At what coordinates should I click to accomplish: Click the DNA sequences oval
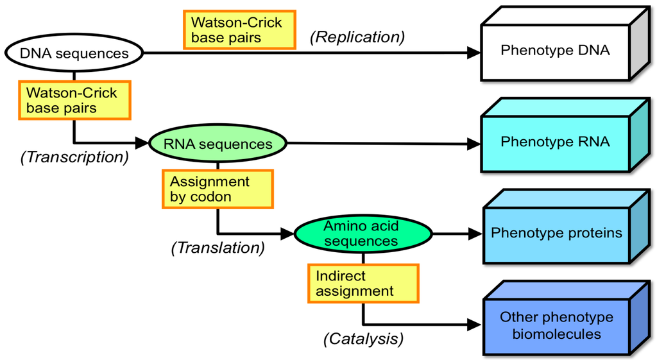click(x=74, y=53)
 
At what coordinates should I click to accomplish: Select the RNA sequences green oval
click(x=218, y=144)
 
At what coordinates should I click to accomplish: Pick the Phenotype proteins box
click(x=556, y=234)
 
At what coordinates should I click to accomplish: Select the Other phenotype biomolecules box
click(x=556, y=326)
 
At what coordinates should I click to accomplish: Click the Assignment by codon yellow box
click(x=218, y=189)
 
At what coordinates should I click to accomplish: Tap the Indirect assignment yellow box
click(x=363, y=283)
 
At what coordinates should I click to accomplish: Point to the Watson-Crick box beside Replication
click(x=241, y=30)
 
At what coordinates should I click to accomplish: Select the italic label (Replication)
click(x=357, y=37)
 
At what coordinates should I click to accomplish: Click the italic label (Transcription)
click(x=74, y=157)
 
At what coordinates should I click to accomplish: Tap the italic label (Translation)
click(x=218, y=248)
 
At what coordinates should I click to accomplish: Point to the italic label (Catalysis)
click(x=363, y=338)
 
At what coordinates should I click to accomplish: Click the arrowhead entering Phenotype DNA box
click(x=474, y=53)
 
